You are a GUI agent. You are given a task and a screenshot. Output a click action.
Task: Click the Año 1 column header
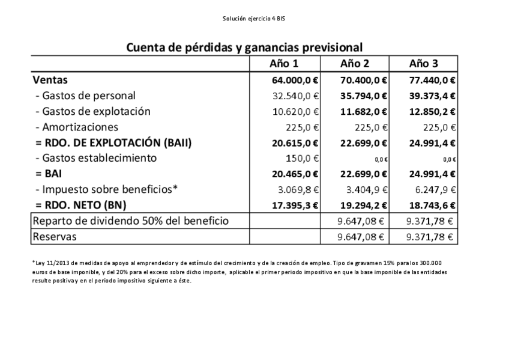(284, 64)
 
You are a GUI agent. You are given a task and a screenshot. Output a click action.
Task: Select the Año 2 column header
(354, 64)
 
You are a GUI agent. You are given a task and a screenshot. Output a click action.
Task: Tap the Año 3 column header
(423, 64)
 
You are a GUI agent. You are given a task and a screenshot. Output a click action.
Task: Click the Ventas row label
(50, 79)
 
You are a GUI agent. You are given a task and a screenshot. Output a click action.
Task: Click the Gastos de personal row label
(85, 96)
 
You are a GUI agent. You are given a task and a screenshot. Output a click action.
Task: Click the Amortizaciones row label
(76, 127)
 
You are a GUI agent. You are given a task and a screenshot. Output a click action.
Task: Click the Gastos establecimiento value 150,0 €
(302, 159)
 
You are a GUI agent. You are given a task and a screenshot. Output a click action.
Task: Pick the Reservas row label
(55, 237)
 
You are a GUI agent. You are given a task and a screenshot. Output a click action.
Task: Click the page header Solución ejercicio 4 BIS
(254, 19)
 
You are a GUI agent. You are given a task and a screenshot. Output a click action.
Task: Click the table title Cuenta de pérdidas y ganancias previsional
(244, 47)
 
